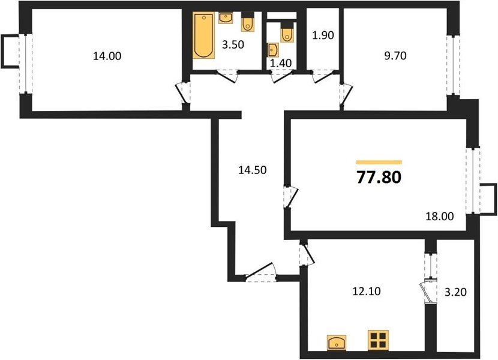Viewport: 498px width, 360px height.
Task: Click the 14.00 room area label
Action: tap(107, 56)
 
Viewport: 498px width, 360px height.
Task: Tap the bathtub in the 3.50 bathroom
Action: tap(203, 35)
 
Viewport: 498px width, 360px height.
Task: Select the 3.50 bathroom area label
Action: tap(233, 45)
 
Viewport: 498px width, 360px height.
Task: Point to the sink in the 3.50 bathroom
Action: tap(226, 18)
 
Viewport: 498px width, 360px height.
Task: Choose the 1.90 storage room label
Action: tap(323, 35)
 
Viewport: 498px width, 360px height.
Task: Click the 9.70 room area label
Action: tap(395, 56)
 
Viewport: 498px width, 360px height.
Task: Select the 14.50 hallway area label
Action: tap(253, 170)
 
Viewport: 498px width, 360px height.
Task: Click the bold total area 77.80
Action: tap(379, 177)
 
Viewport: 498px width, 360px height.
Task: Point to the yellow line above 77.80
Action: tap(379, 162)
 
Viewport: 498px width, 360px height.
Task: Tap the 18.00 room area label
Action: tap(440, 217)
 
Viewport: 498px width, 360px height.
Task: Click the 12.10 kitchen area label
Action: tap(367, 292)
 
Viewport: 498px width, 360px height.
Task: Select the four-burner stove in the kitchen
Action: tap(378, 340)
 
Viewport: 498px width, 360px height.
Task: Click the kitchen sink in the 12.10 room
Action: tap(337, 343)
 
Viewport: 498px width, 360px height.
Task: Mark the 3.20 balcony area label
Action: tap(455, 292)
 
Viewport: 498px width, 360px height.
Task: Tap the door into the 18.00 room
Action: tap(290, 197)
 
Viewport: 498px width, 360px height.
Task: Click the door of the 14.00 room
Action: tap(184, 92)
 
